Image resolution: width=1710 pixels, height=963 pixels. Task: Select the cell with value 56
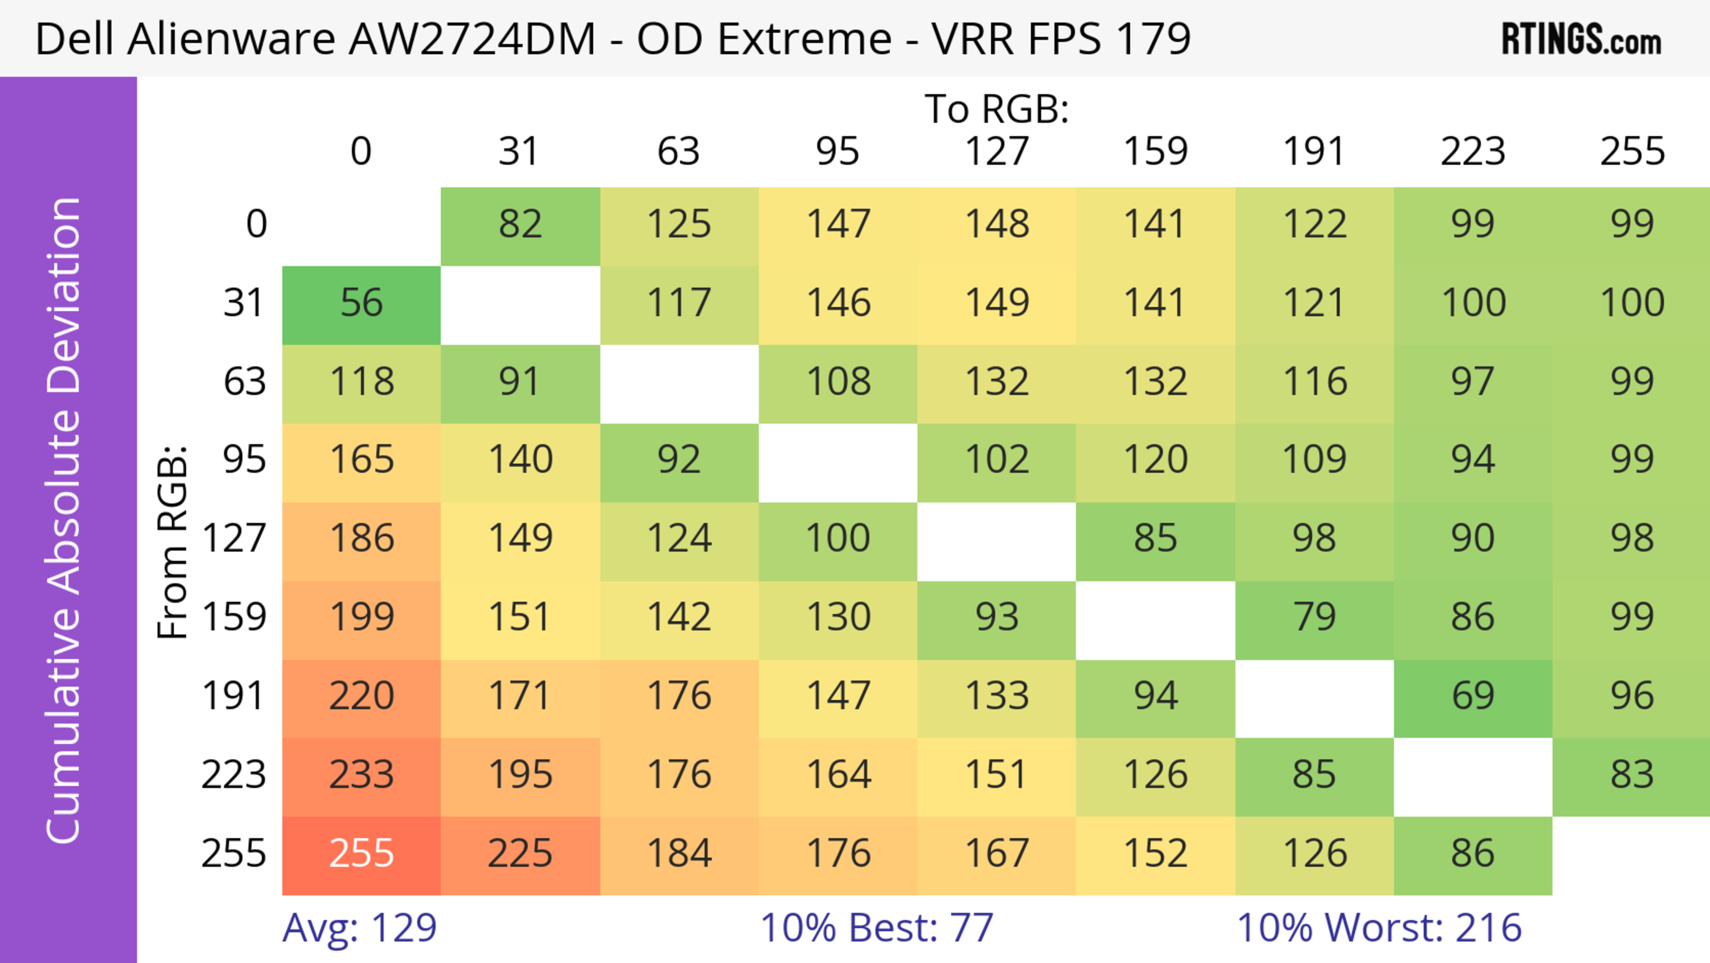tap(361, 303)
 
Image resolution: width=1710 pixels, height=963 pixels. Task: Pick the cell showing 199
tap(361, 618)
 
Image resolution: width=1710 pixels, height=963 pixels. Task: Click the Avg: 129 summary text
tap(359, 928)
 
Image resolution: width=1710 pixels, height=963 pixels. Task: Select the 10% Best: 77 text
tap(876, 928)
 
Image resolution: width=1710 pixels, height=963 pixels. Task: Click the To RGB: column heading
tap(997, 109)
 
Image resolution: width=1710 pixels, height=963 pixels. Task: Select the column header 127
tap(997, 152)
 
